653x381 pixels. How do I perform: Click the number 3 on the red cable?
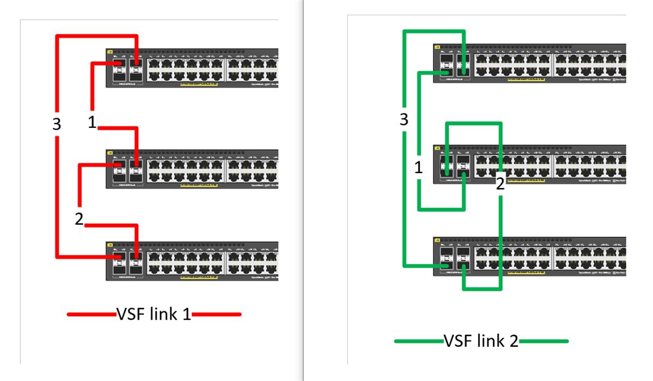pyautogui.click(x=57, y=124)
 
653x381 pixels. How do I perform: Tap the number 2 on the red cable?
pyautogui.click(x=79, y=219)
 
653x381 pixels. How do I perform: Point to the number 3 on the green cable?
pyautogui.click(x=403, y=120)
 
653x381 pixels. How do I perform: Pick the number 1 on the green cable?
pyautogui.click(x=418, y=168)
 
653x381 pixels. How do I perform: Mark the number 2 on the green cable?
pyautogui.click(x=500, y=184)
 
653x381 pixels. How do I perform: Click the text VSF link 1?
pyautogui.click(x=154, y=314)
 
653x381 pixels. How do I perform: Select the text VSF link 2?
pyautogui.click(x=482, y=342)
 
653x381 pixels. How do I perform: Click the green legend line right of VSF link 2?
pyautogui.click(x=544, y=342)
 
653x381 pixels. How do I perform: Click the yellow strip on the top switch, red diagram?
pyautogui.click(x=195, y=85)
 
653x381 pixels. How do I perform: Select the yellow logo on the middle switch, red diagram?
pyautogui.click(x=109, y=152)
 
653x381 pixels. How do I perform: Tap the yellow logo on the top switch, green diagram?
pyautogui.click(x=437, y=47)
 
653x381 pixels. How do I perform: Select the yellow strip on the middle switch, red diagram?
pyautogui.click(x=195, y=186)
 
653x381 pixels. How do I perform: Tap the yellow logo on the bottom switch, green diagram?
pyautogui.click(x=437, y=240)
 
